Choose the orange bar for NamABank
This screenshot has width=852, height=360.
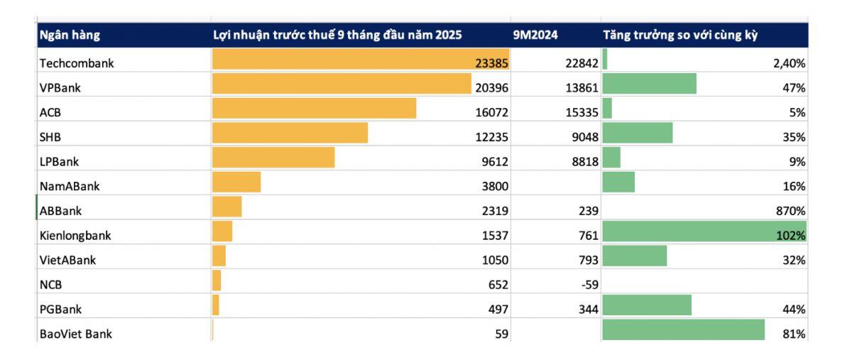coord(236,182)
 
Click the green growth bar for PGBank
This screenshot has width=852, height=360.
coord(646,305)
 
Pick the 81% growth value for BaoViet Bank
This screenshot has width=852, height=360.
coord(794,332)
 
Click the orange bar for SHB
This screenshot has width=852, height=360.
coord(290,133)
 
